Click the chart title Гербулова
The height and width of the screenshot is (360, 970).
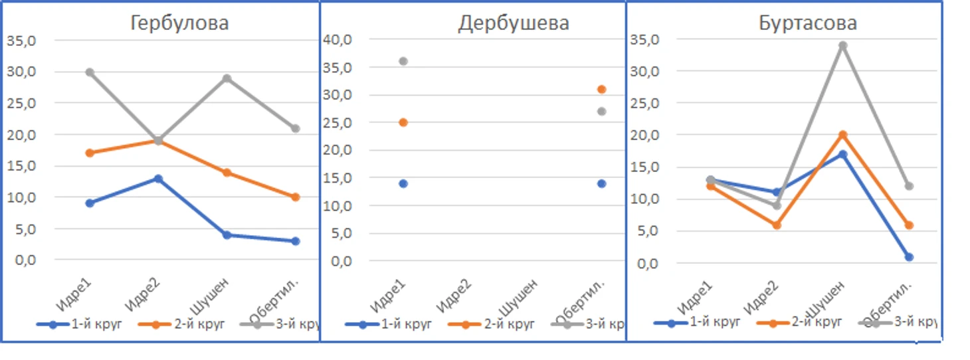pyautogui.click(x=179, y=23)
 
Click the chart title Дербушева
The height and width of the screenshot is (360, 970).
pyautogui.click(x=513, y=23)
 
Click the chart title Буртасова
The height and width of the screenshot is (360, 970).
pyautogui.click(x=808, y=23)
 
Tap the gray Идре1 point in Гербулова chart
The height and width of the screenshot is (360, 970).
pyautogui.click(x=90, y=72)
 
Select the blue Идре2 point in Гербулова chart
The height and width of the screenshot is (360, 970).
pyautogui.click(x=158, y=179)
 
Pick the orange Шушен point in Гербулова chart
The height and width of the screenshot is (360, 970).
pyautogui.click(x=227, y=173)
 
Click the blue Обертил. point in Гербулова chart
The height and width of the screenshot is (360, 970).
pyautogui.click(x=296, y=241)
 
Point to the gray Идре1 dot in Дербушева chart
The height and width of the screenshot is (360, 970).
pyautogui.click(x=403, y=61)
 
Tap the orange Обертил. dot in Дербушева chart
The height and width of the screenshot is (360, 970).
pyautogui.click(x=601, y=89)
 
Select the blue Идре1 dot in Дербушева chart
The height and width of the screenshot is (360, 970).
pyautogui.click(x=403, y=183)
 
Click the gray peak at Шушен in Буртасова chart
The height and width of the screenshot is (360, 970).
pyautogui.click(x=843, y=46)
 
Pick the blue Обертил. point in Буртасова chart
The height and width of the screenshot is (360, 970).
pyautogui.click(x=909, y=257)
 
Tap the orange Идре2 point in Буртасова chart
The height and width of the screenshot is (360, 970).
pyautogui.click(x=777, y=225)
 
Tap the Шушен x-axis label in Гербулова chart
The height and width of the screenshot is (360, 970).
pyautogui.click(x=211, y=295)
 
